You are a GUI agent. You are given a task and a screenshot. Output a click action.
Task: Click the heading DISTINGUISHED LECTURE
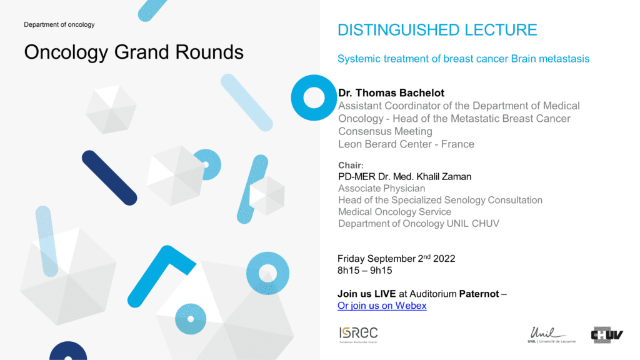[x=437, y=30]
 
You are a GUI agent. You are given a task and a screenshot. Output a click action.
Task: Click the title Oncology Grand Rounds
[x=134, y=52]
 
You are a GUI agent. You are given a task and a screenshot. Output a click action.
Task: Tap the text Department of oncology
[x=59, y=24]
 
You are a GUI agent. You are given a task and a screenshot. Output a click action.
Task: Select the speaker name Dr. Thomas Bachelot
[x=391, y=92]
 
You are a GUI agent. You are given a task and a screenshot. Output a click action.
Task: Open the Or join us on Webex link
[x=382, y=305]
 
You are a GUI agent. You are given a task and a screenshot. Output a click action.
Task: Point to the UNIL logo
[x=551, y=335]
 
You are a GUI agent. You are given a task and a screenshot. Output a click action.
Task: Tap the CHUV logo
[x=607, y=335]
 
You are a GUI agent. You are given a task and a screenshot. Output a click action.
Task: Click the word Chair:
[x=351, y=165]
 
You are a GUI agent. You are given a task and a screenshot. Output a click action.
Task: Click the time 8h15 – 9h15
[x=364, y=270]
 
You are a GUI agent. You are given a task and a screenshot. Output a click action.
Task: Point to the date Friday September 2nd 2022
[x=396, y=258]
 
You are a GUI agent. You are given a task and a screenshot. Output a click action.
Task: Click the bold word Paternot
[x=479, y=294]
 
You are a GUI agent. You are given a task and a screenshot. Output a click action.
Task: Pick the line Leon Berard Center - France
[x=406, y=144]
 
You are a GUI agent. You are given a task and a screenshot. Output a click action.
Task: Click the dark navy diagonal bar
[x=109, y=178]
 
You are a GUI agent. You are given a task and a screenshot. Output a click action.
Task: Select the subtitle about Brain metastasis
[x=463, y=59]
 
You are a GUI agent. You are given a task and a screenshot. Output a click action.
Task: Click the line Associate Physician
[x=382, y=188]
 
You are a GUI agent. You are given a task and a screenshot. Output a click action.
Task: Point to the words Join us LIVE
[x=366, y=294]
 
